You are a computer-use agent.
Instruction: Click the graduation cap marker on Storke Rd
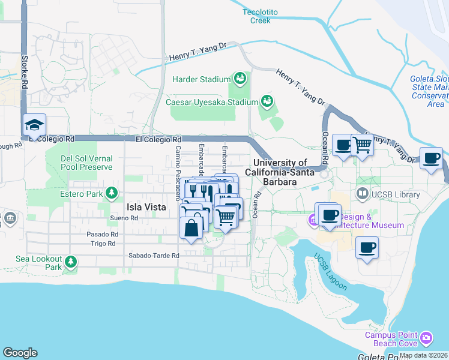tap(34, 125)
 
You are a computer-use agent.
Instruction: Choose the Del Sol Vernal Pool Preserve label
tap(86, 163)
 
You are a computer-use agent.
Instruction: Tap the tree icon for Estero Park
tap(111, 193)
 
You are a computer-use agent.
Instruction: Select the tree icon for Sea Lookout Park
tap(71, 262)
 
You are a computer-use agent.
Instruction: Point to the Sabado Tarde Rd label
tap(154, 256)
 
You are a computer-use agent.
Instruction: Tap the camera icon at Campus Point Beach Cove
tap(426, 338)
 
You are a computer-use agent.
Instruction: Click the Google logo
tap(20, 353)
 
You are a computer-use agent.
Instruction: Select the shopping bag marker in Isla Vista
tap(191, 229)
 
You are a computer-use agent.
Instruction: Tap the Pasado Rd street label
tap(101, 234)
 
